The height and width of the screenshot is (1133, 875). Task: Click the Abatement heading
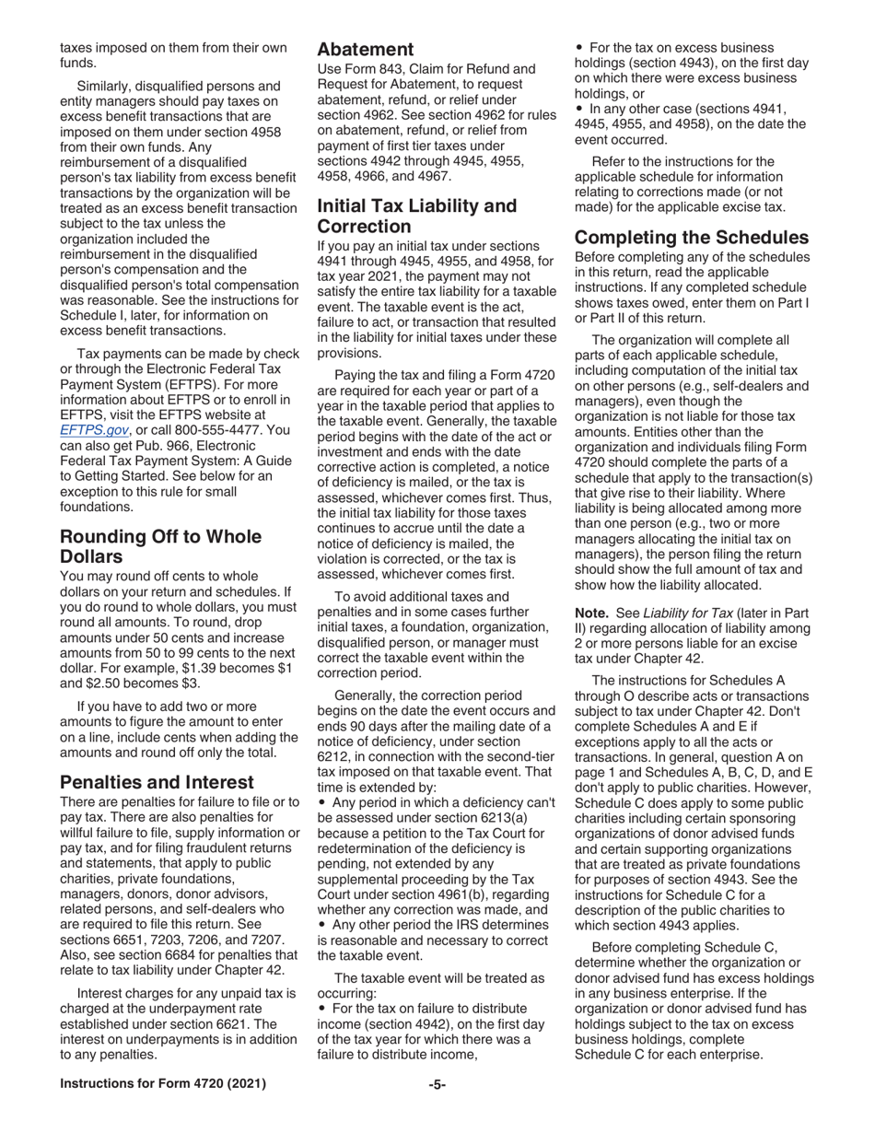(x=366, y=50)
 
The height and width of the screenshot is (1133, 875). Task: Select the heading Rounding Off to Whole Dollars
(x=160, y=547)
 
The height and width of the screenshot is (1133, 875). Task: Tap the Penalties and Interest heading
(x=157, y=782)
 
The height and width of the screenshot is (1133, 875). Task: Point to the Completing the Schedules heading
(x=692, y=237)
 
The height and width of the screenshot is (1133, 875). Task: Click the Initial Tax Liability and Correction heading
(x=416, y=216)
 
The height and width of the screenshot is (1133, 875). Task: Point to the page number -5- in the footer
(x=437, y=1084)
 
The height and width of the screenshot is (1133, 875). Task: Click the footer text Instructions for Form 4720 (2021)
(x=163, y=1084)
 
